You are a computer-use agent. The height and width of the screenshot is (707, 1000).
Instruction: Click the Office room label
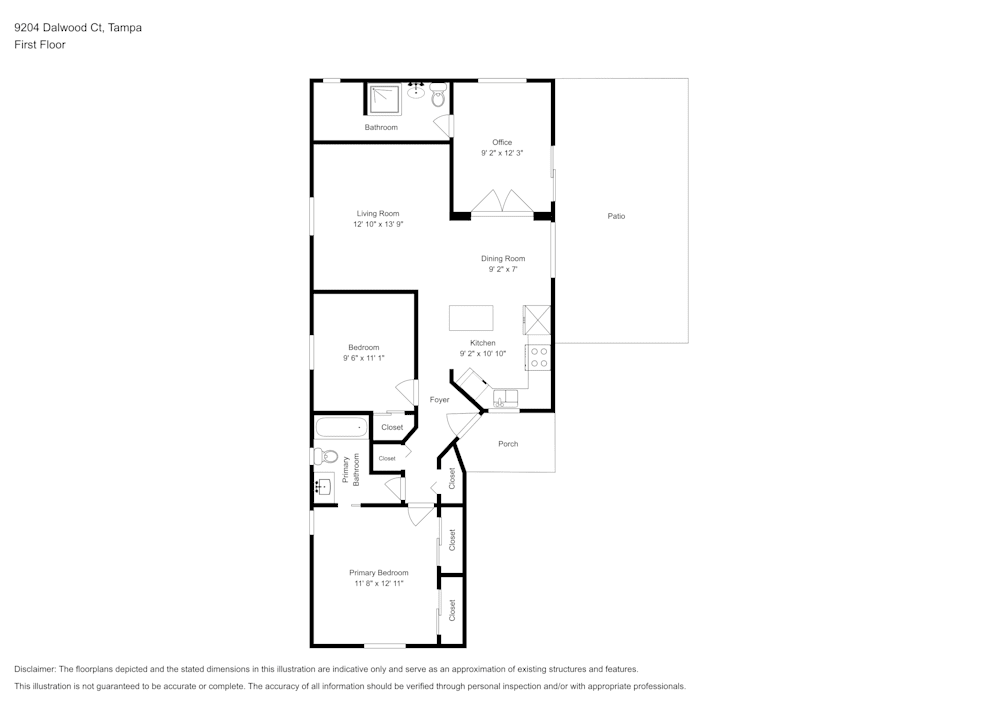tap(501, 142)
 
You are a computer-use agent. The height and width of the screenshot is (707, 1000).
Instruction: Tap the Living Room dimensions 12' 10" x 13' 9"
tap(377, 225)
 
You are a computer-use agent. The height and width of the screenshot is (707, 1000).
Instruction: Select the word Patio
tap(616, 216)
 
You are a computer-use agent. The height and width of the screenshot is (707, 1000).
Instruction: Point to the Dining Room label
tap(502, 258)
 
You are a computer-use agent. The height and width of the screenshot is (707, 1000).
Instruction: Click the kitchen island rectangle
tap(471, 318)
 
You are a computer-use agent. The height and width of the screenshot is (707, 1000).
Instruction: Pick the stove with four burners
tap(539, 357)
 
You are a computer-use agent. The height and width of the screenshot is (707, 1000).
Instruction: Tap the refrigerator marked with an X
tap(538, 319)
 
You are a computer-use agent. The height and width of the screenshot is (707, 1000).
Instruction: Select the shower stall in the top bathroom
tap(384, 98)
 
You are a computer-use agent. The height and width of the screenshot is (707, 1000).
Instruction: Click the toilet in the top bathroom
tap(438, 96)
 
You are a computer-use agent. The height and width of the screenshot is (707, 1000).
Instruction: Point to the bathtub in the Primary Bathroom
tap(340, 429)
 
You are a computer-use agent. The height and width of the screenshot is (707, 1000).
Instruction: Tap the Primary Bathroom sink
tap(322, 487)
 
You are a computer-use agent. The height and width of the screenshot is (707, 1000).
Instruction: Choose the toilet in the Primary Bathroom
tap(324, 456)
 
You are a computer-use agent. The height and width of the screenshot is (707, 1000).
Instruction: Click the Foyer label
tap(439, 400)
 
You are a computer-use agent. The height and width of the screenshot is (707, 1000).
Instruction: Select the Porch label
tap(508, 444)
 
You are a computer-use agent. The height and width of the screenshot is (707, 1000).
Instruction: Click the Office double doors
tap(502, 203)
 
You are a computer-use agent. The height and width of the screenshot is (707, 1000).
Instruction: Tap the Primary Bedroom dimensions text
tap(378, 584)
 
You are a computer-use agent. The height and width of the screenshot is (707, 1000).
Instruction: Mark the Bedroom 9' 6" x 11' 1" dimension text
tap(363, 358)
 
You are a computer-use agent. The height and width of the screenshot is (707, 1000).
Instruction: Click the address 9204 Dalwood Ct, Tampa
tap(78, 28)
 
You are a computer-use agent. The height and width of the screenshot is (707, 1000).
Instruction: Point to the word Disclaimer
tap(35, 669)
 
